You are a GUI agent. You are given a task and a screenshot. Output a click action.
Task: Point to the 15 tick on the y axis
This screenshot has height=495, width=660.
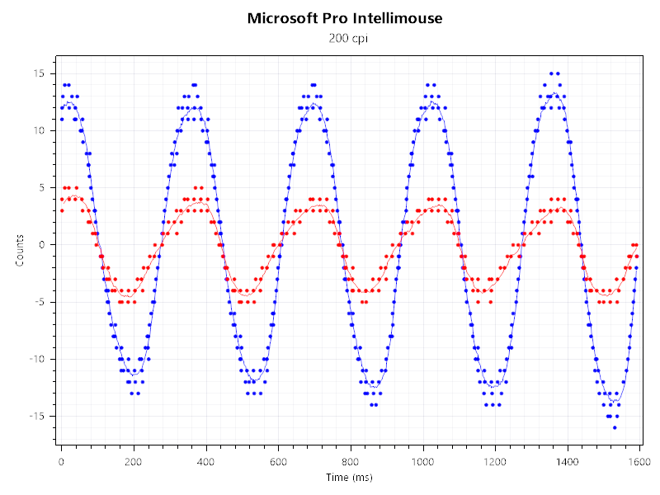click(38, 73)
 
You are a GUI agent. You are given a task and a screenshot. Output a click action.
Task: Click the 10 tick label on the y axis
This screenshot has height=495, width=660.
click(38, 130)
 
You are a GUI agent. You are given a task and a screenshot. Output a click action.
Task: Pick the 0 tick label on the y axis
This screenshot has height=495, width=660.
click(41, 244)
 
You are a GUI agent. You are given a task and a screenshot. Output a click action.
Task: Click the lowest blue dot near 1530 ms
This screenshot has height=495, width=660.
click(615, 427)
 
